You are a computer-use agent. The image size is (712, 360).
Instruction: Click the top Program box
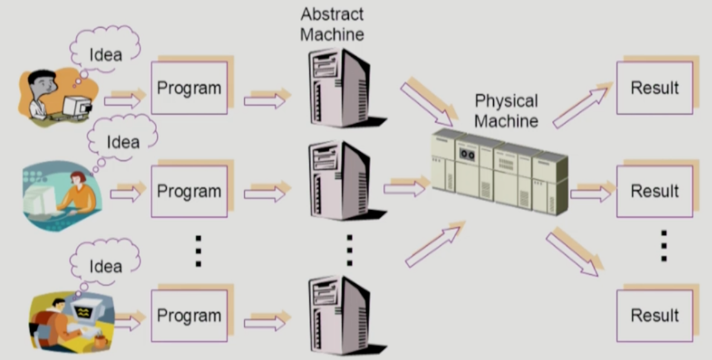click(x=189, y=88)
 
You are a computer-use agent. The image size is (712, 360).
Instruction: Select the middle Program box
click(x=189, y=191)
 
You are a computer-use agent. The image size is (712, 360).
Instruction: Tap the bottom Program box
click(x=189, y=315)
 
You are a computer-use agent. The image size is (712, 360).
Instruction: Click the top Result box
click(x=655, y=88)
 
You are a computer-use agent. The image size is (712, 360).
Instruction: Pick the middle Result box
click(x=655, y=191)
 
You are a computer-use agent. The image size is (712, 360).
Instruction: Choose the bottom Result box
click(x=655, y=315)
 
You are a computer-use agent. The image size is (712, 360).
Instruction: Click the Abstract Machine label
click(x=332, y=24)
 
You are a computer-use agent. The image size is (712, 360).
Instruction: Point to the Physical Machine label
click(x=506, y=111)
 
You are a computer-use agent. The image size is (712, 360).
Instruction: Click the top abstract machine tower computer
click(x=338, y=88)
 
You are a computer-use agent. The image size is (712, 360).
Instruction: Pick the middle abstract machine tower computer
click(x=338, y=181)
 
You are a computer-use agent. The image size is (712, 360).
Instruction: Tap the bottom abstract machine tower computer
click(x=338, y=314)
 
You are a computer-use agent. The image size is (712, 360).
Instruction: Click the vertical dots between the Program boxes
click(x=198, y=251)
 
